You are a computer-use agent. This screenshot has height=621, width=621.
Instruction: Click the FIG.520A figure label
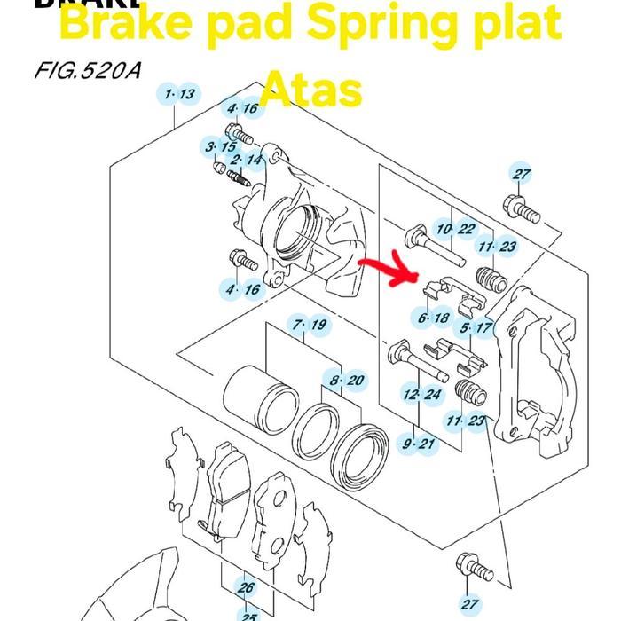tap(87, 68)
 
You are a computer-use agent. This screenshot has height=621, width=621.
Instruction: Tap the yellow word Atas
tap(311, 90)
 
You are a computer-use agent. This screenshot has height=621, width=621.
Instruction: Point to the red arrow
tap(388, 269)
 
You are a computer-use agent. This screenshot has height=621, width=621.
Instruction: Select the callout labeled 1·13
tap(177, 95)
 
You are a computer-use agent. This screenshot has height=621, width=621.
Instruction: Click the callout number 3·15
tap(220, 146)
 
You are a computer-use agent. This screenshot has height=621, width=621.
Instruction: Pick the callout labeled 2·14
tap(246, 161)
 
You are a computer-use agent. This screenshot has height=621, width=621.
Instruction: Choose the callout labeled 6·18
tap(433, 318)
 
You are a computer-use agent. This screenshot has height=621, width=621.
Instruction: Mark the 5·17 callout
tap(476, 327)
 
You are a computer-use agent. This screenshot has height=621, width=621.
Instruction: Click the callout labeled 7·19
tap(308, 326)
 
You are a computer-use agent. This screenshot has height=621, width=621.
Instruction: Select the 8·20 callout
tap(345, 381)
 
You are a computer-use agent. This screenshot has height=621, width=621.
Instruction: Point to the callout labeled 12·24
tap(421, 395)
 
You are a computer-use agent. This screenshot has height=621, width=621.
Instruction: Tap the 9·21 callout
tap(419, 444)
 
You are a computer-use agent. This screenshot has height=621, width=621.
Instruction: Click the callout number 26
tap(246, 587)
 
